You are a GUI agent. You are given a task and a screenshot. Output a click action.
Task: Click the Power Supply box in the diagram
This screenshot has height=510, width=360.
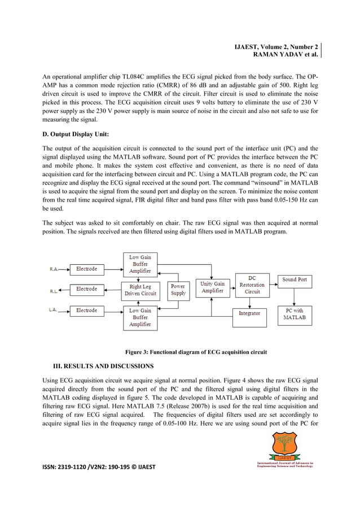(178, 290)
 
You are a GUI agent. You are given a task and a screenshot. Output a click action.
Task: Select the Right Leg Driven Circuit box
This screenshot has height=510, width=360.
(140, 290)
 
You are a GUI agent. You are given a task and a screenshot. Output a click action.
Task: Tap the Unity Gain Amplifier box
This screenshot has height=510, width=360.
(212, 287)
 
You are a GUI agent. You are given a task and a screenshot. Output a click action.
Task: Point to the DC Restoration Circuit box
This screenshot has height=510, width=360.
(252, 285)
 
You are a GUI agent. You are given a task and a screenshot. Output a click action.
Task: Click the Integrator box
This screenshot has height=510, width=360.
(249, 313)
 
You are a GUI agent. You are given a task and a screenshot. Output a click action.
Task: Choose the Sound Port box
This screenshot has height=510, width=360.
(295, 280)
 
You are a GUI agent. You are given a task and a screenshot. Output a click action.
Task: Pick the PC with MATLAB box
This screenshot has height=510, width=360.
(294, 314)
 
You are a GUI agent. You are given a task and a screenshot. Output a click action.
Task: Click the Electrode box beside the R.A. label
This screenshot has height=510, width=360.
(86, 269)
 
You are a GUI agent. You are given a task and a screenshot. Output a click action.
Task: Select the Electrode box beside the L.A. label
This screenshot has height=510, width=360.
(86, 310)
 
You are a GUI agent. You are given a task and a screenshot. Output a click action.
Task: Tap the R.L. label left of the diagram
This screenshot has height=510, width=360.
(54, 291)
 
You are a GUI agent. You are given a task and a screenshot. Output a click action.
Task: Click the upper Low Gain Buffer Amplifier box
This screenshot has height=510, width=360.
(140, 264)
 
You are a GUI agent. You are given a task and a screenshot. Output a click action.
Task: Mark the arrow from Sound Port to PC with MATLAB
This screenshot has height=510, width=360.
(295, 295)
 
